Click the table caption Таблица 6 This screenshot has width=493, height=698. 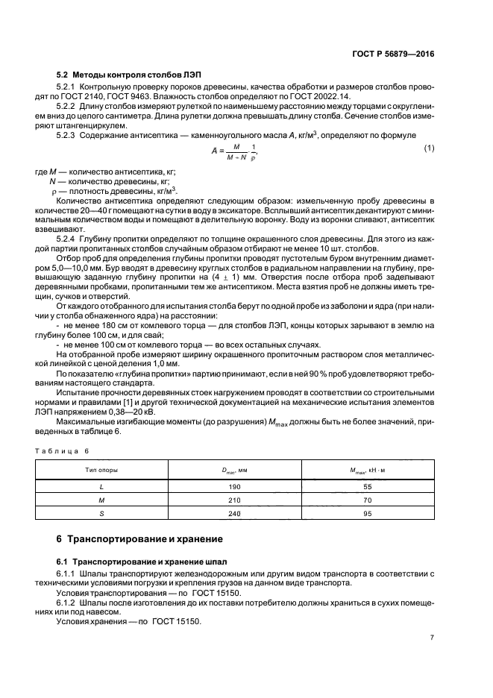63,450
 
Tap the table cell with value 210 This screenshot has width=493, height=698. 234,500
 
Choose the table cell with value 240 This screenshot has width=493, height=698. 234,514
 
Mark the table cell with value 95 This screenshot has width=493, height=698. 367,514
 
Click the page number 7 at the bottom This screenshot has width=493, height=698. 431,638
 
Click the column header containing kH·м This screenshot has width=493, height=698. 367,471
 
